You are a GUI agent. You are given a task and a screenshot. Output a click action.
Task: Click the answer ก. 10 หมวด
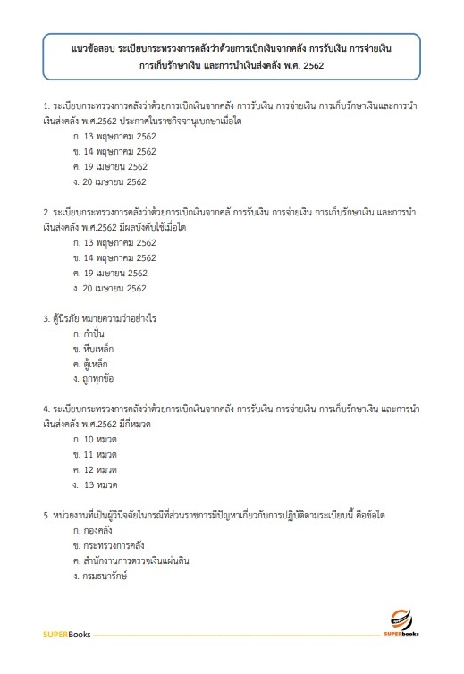(95, 440)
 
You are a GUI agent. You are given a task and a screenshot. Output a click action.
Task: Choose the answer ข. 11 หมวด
(95, 455)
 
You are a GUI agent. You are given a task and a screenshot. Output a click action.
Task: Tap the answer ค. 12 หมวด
(95, 470)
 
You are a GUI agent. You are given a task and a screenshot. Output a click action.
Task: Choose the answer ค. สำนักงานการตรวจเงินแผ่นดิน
(131, 561)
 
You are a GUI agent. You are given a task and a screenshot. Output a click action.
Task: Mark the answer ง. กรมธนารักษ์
(101, 577)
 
